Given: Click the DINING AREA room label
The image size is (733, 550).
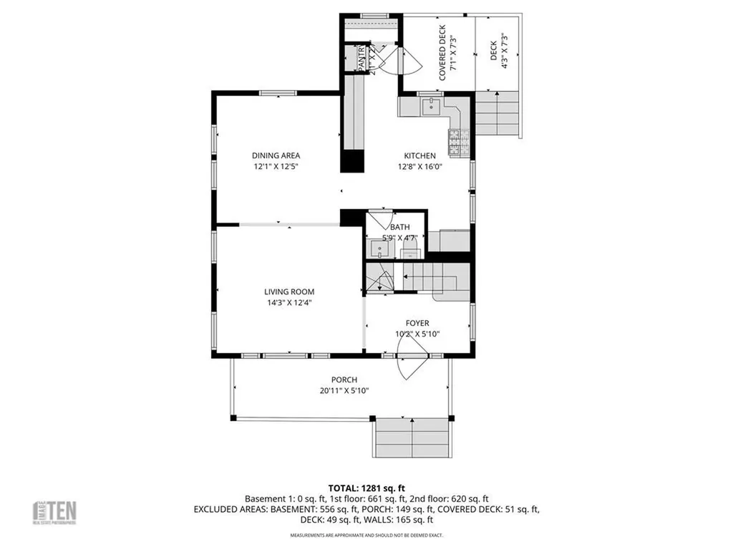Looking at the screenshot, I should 276,155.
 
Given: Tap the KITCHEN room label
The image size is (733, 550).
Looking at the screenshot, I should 419,155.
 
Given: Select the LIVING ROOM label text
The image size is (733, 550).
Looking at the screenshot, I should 289,291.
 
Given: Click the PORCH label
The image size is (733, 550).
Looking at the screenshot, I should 344,380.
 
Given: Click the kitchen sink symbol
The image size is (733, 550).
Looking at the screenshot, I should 431,107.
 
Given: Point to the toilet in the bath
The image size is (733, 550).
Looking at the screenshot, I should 410,247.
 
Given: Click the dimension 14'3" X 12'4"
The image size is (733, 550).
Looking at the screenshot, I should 289,302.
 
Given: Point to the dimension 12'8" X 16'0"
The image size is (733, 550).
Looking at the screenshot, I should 420,166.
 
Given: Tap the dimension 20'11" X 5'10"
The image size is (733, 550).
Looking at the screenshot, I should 344,390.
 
